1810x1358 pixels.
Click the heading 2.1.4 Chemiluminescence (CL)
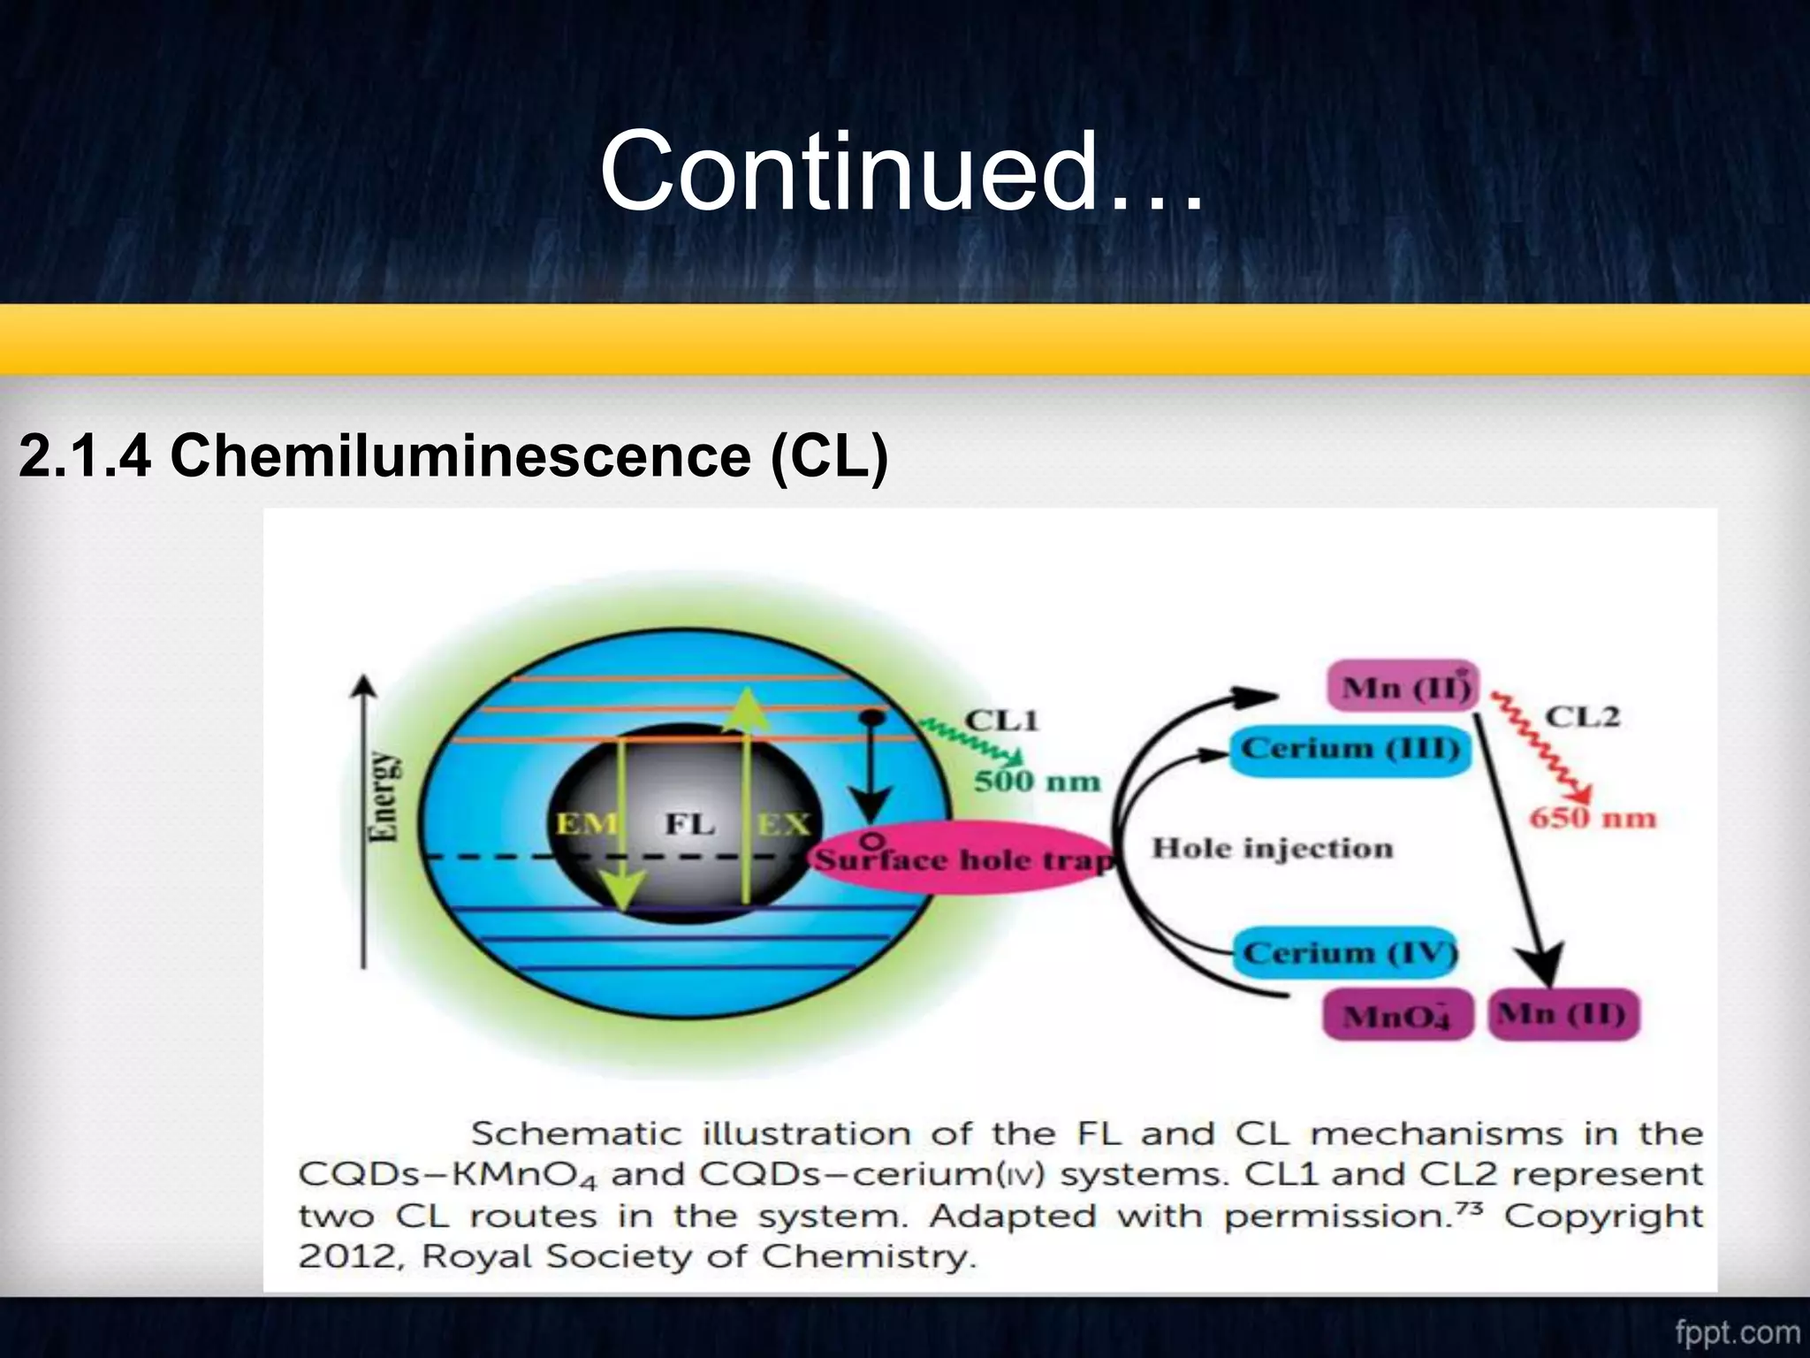click(452, 456)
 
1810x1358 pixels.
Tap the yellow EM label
click(586, 824)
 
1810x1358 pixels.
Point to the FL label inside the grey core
click(689, 824)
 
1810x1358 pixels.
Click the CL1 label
click(1001, 720)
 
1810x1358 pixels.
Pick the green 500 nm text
click(1037, 782)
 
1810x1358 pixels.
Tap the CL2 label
click(1582, 716)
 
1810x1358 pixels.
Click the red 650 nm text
click(1593, 818)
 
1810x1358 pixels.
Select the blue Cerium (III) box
click(1350, 750)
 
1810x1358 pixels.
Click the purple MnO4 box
click(1396, 1015)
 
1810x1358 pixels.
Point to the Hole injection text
click(1272, 849)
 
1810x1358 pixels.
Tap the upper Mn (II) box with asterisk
click(1403, 686)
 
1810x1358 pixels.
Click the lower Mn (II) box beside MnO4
click(1563, 1013)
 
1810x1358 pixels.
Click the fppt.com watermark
click(1737, 1331)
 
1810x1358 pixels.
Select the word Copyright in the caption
click(1603, 1216)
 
